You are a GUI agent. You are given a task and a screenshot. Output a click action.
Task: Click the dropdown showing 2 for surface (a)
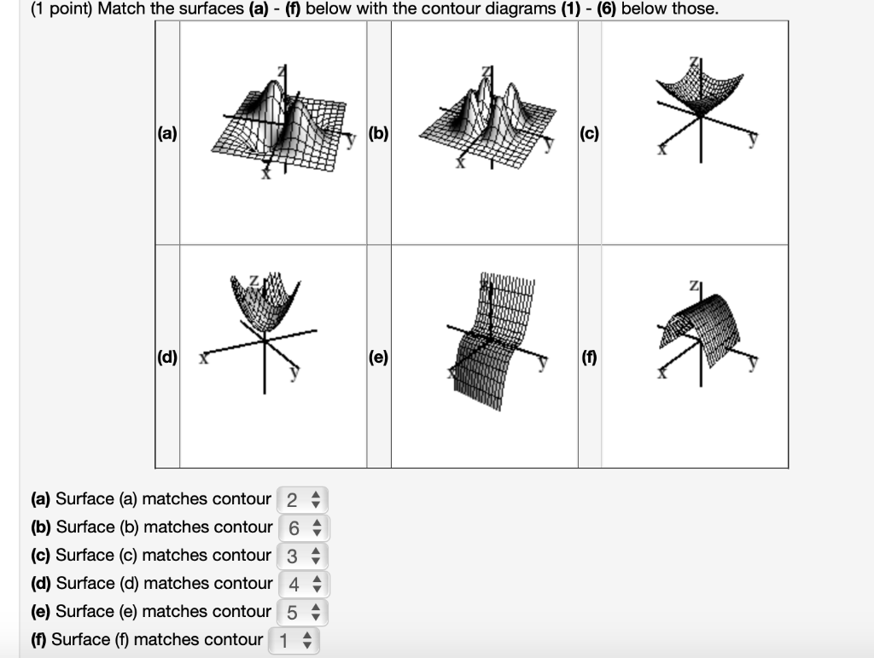302,499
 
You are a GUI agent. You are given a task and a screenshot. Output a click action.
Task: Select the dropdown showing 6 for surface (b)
302,527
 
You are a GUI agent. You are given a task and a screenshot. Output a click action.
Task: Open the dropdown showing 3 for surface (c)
302,556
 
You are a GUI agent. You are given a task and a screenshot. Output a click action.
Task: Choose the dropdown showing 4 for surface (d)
303,584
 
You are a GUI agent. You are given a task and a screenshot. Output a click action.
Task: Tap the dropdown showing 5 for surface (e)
303,612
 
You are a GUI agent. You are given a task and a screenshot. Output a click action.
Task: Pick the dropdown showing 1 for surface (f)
294,640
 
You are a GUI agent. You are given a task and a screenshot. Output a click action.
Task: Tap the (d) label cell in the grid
167,358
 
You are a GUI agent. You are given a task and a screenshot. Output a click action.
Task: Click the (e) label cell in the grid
379,358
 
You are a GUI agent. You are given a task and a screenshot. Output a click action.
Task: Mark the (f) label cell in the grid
590,358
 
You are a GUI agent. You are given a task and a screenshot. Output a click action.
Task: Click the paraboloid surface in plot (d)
260,303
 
